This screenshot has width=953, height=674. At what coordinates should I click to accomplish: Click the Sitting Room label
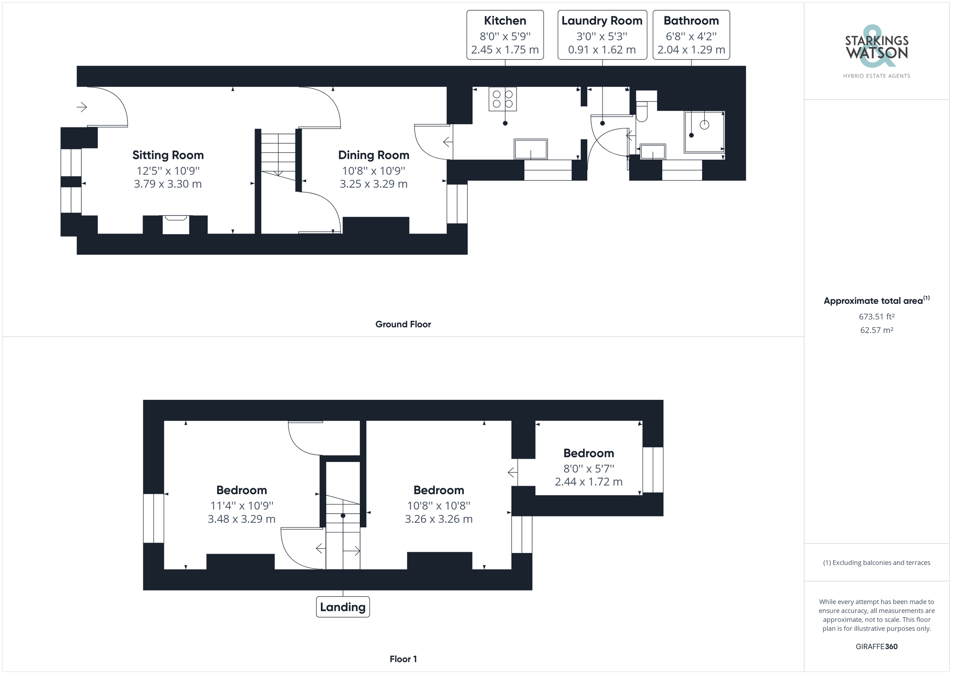(x=168, y=155)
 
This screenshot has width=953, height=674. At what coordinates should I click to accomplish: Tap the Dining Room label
(x=374, y=155)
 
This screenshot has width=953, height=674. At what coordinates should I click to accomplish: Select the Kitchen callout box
(x=505, y=35)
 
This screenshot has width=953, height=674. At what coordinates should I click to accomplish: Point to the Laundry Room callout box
(x=602, y=35)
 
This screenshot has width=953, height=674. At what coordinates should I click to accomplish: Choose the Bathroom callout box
(x=691, y=35)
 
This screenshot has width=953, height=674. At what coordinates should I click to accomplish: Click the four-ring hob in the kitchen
(x=503, y=99)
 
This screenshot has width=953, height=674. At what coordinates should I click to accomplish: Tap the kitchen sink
(x=531, y=149)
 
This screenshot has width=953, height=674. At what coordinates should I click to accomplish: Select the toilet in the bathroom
(x=644, y=106)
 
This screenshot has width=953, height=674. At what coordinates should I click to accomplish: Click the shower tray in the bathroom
(x=704, y=131)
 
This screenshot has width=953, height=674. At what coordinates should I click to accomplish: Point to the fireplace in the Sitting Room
(x=176, y=225)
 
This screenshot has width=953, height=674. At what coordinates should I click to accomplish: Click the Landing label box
(x=343, y=607)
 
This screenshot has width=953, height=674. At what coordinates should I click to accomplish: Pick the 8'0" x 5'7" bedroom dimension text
(x=588, y=468)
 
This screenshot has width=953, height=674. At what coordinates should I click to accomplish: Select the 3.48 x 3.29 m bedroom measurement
(x=241, y=519)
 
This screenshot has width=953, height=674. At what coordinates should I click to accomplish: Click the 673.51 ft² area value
(x=877, y=316)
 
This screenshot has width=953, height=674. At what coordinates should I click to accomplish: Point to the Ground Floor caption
(x=403, y=324)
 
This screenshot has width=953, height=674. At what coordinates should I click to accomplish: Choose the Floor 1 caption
(x=403, y=659)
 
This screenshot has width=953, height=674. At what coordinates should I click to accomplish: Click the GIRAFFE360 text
(x=877, y=646)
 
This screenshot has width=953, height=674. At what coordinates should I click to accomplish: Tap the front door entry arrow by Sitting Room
(x=82, y=107)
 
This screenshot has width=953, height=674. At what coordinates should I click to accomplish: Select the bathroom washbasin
(x=653, y=152)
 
